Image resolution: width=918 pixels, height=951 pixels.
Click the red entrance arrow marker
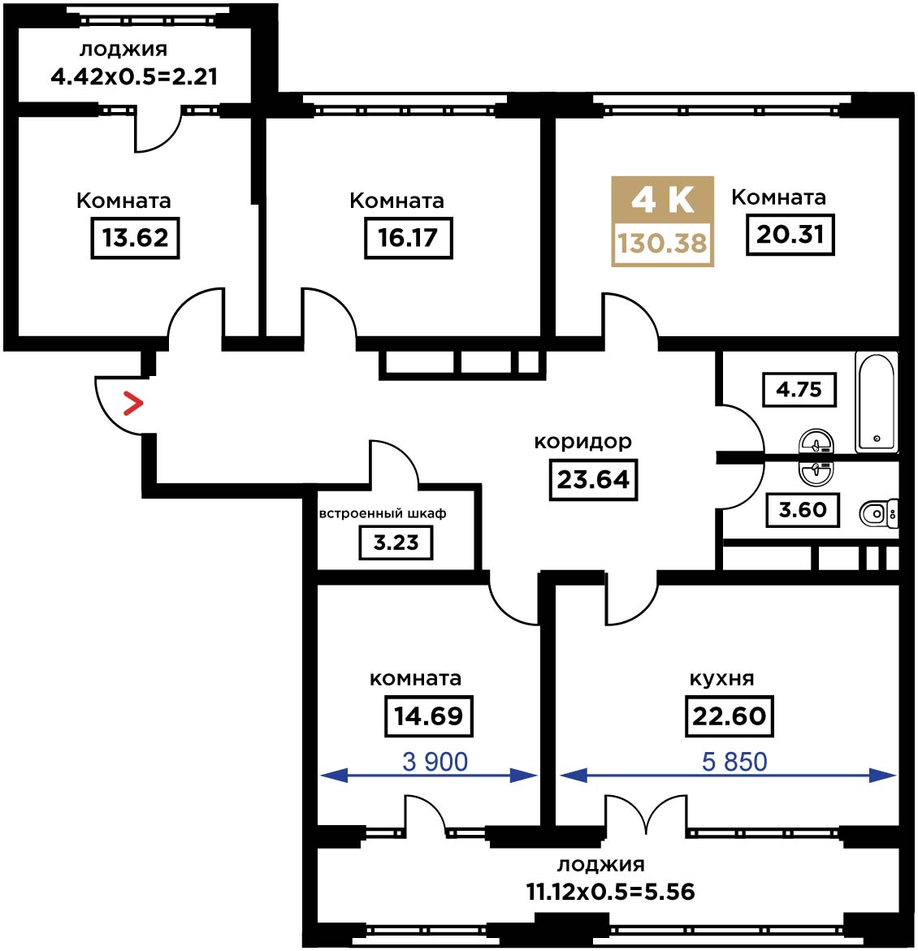coord(133,404)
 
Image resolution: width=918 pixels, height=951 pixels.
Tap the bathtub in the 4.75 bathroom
coord(876,402)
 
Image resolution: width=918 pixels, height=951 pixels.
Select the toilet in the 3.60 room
coord(878,514)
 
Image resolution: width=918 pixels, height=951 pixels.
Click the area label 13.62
coord(136,238)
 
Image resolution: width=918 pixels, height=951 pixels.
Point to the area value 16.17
coord(409,238)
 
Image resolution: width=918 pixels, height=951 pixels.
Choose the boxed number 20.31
coord(790,234)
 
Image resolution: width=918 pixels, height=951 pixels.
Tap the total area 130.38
coord(663,244)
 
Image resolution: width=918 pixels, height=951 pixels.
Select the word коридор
coord(582,442)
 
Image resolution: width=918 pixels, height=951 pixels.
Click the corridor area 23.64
coord(593,480)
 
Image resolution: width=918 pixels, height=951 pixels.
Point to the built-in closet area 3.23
coord(396,543)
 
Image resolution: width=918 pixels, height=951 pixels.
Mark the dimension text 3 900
coord(435,762)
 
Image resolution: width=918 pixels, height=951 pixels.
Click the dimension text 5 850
coord(734,762)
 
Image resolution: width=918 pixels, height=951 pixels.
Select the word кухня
coord(721,679)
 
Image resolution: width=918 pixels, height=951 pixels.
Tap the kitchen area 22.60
coord(730,716)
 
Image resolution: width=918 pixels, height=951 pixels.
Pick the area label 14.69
coord(429,716)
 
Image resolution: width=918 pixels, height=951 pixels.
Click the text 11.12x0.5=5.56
coord(610,893)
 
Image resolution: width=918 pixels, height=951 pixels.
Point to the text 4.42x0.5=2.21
coord(134,77)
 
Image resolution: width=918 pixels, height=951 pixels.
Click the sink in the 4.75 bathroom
coord(816,441)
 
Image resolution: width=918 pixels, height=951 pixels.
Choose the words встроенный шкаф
coord(383,514)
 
